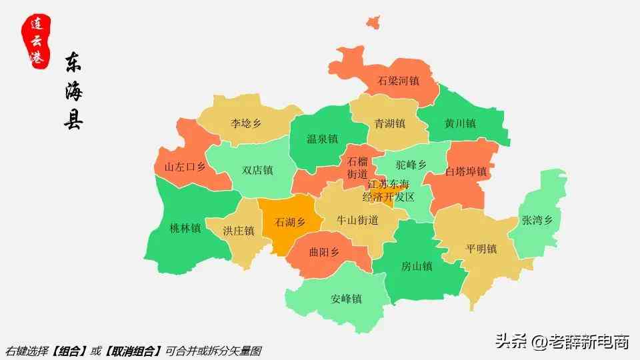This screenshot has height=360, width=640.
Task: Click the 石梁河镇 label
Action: pyautogui.click(x=398, y=81)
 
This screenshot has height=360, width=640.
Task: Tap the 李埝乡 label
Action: pyautogui.click(x=246, y=123)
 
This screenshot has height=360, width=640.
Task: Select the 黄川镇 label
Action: pyautogui.click(x=460, y=123)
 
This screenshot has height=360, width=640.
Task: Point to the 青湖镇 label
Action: pyautogui.click(x=390, y=123)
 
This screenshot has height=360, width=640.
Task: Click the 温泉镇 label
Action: pyautogui.click(x=322, y=139)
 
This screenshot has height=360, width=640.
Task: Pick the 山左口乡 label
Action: pyautogui.click(x=185, y=167)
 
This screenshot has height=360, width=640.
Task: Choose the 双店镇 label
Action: pyautogui.click(x=257, y=170)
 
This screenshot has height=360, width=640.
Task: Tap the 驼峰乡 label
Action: pyautogui.click(x=411, y=164)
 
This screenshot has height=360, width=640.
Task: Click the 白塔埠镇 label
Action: pyautogui.click(x=466, y=171)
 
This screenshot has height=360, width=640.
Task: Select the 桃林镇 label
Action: pyautogui.click(x=185, y=227)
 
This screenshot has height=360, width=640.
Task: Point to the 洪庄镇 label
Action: pyautogui.click(x=239, y=231)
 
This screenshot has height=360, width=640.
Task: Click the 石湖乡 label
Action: pyautogui.click(x=290, y=222)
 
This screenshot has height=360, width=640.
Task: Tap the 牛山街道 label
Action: pyautogui.click(x=357, y=220)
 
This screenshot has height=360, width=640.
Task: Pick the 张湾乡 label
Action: pyautogui.click(x=537, y=220)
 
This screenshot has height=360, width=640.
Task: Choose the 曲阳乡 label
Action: pyautogui.click(x=324, y=253)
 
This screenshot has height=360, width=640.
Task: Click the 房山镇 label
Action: pyautogui.click(x=417, y=266)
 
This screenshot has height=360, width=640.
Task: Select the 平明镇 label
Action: pyautogui.click(x=481, y=249)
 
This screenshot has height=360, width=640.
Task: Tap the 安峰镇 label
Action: pyautogui.click(x=346, y=299)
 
